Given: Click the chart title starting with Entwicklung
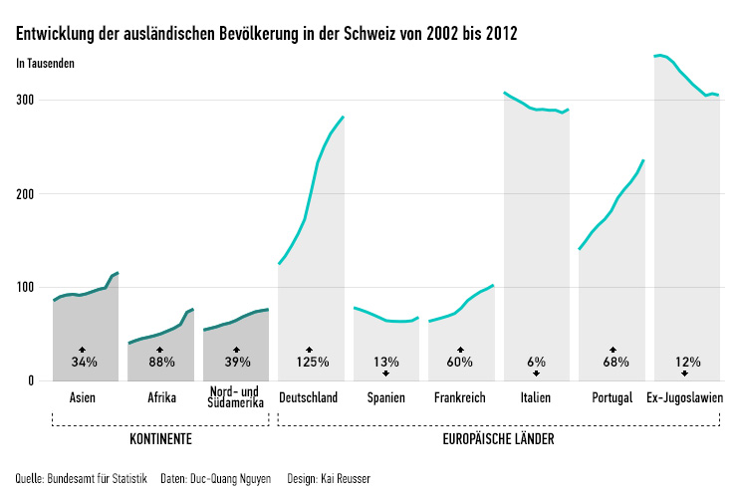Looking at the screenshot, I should tap(267, 34).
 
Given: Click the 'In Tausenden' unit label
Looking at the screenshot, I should tap(46, 64).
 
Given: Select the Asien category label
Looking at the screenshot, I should tap(84, 398).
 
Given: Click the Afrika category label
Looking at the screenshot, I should tap(161, 398).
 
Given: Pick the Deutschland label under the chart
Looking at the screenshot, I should tap(308, 398).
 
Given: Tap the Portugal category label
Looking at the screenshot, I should tap(612, 398).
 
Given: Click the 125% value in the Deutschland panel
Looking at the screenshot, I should tap(310, 362).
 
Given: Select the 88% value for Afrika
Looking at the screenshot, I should tap(160, 362).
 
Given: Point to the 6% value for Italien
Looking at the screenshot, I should tap(536, 362).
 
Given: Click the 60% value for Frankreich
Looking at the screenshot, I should tap(461, 362).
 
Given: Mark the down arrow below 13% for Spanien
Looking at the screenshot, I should tap(385, 373).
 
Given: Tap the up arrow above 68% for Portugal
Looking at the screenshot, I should tap(612, 350).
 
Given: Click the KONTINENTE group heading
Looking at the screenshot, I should tap(160, 439).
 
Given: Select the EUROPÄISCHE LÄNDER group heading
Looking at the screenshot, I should tap(498, 439).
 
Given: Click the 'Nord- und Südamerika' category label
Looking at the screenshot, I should tap(236, 397).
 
